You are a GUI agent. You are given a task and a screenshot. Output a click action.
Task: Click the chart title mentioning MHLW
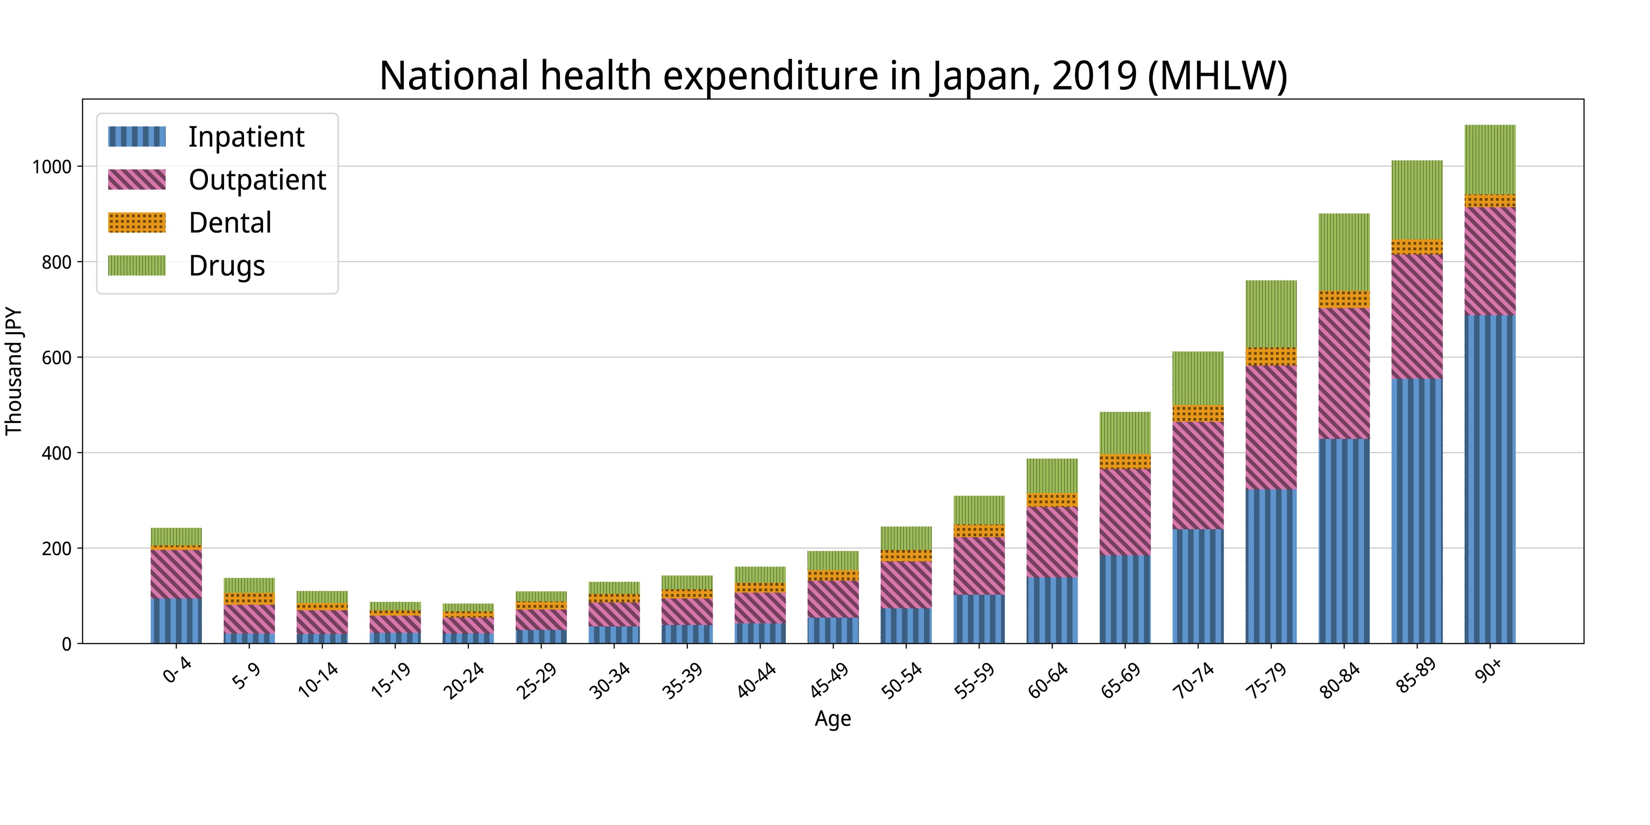833,76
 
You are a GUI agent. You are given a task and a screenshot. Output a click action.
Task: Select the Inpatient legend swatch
137,137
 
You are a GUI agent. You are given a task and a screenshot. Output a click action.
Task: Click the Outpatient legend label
257,180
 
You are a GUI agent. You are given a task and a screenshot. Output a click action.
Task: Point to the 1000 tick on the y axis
51,167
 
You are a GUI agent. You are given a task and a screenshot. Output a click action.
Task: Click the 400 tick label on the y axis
56,453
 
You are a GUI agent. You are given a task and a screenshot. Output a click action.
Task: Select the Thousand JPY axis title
14,372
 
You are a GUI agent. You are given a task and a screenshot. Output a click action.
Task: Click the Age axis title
833,719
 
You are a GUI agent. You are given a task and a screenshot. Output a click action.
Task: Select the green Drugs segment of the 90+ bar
1490,159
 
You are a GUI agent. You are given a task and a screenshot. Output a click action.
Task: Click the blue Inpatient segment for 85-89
1417,511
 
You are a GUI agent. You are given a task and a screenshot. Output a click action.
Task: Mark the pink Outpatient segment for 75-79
1271,427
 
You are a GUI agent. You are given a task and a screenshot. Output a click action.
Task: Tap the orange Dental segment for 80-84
1344,299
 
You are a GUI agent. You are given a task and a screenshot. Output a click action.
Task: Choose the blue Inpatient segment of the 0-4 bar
176,620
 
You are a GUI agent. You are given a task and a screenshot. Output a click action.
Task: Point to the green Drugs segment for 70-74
1198,378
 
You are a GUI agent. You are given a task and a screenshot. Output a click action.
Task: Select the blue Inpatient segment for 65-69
1125,599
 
